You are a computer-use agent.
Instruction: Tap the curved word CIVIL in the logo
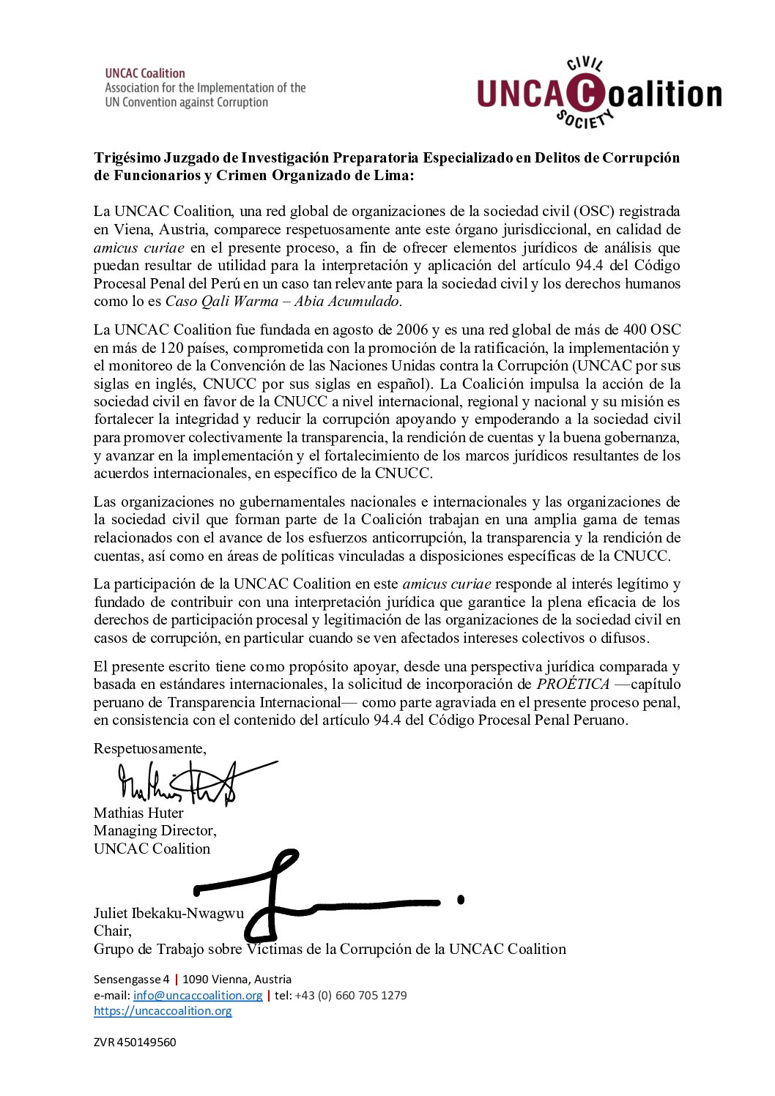click(585, 66)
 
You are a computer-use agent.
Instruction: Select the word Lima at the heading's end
click(394, 176)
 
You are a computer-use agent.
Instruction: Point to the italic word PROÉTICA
click(573, 684)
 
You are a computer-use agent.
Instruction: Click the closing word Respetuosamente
click(149, 748)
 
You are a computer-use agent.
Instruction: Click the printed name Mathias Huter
click(138, 813)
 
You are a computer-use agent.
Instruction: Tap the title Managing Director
click(155, 830)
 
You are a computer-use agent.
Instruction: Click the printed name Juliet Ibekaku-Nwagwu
click(168, 913)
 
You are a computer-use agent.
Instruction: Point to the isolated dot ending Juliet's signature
click(461, 899)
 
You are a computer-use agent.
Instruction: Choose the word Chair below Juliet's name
click(112, 931)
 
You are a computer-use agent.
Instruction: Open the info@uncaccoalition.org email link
click(198, 995)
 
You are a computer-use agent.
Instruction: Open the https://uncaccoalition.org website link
click(163, 1011)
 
